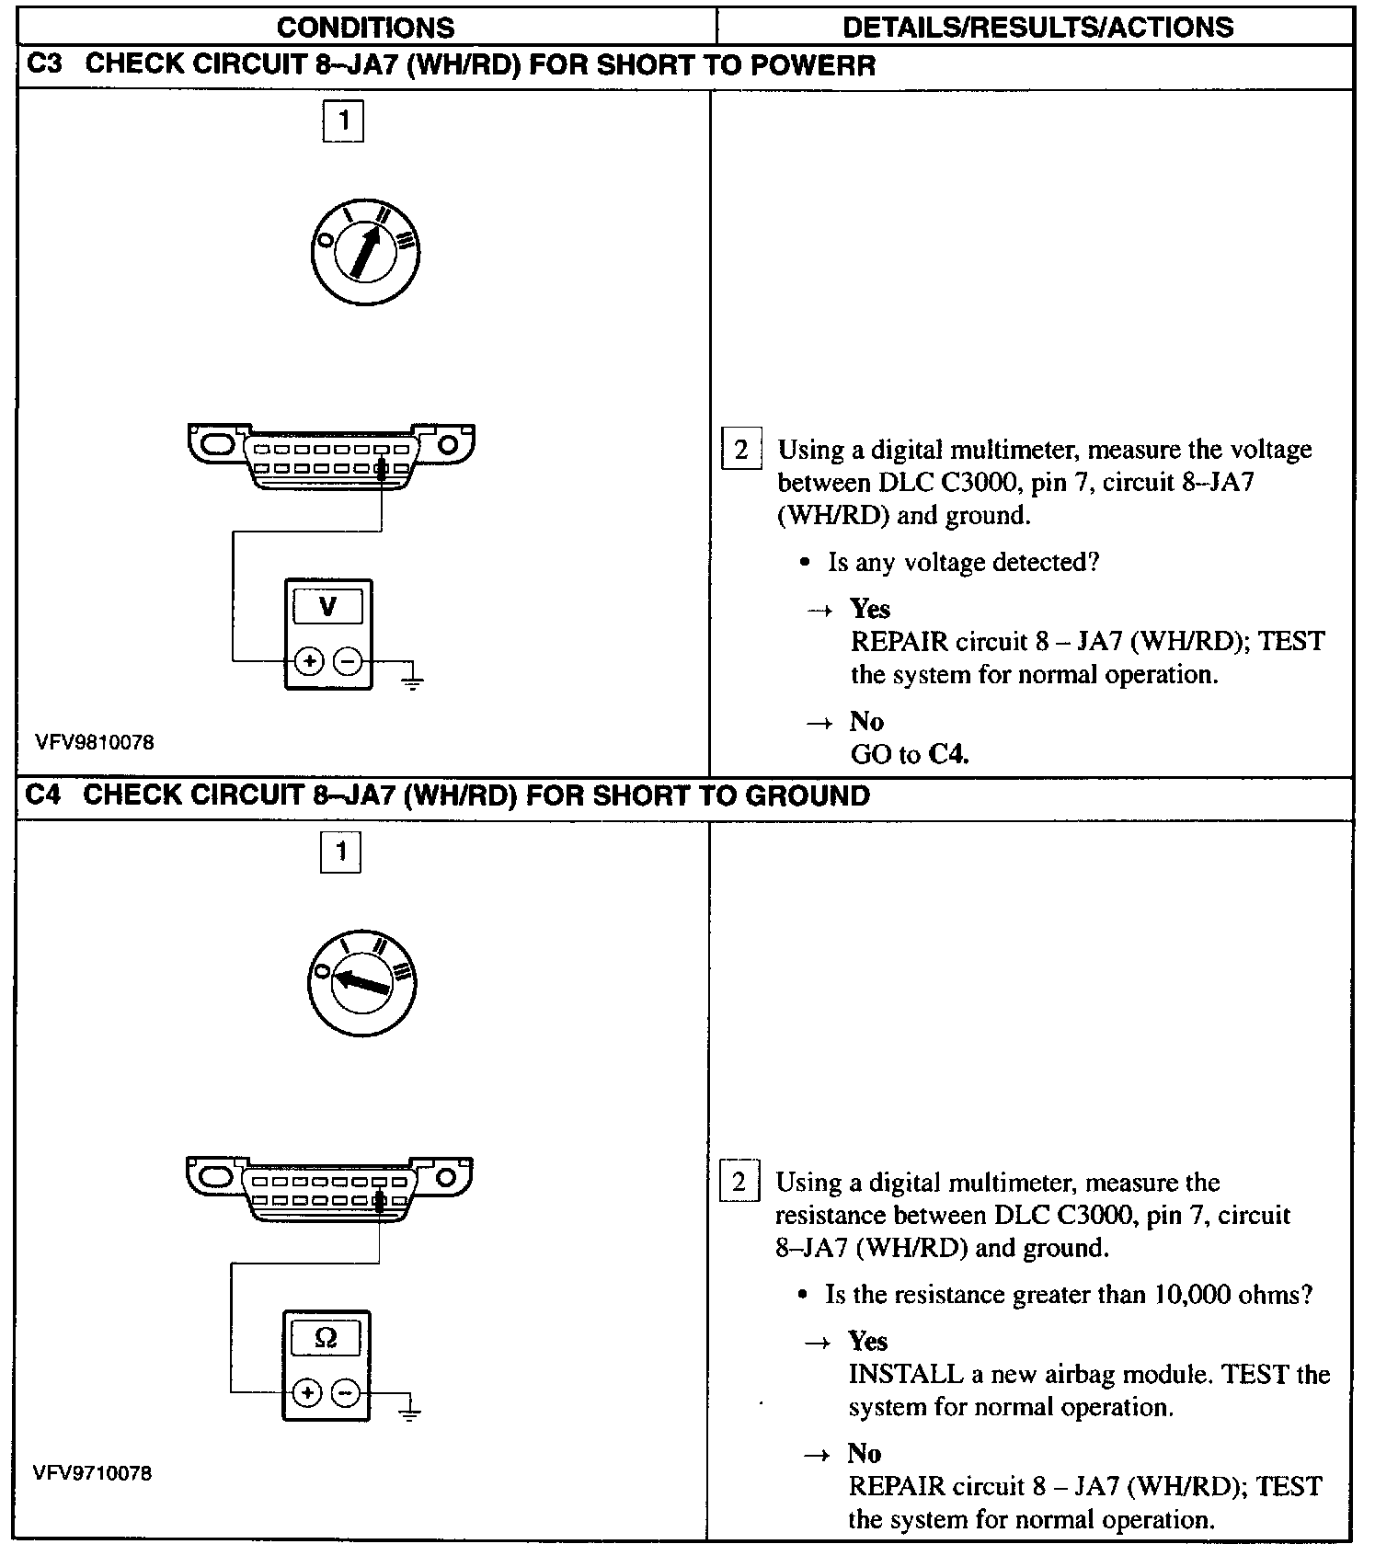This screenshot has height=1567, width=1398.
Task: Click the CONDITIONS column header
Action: point(365,27)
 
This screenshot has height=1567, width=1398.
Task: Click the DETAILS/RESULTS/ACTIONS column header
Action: point(1037,27)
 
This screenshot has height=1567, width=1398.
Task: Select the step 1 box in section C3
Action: point(343,120)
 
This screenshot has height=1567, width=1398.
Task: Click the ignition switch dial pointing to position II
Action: point(364,251)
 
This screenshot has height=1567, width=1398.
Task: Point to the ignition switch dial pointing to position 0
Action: point(361,983)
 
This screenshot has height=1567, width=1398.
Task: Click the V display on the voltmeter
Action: point(327,607)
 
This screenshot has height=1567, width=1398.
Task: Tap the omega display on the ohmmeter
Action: point(326,1339)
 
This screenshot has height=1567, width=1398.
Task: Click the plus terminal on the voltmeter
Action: point(309,660)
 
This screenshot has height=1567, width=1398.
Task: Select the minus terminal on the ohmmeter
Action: point(345,1393)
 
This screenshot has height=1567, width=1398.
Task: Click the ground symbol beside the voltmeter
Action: point(412,681)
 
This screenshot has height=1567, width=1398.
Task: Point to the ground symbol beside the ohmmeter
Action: point(410,1412)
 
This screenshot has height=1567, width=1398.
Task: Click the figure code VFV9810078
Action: point(95,742)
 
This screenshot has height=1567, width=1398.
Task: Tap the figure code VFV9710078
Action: point(92,1473)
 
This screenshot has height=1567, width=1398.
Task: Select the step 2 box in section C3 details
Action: point(740,450)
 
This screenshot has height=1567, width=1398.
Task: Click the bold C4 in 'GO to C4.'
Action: point(947,755)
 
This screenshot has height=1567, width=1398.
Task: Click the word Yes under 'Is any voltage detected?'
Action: point(869,609)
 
